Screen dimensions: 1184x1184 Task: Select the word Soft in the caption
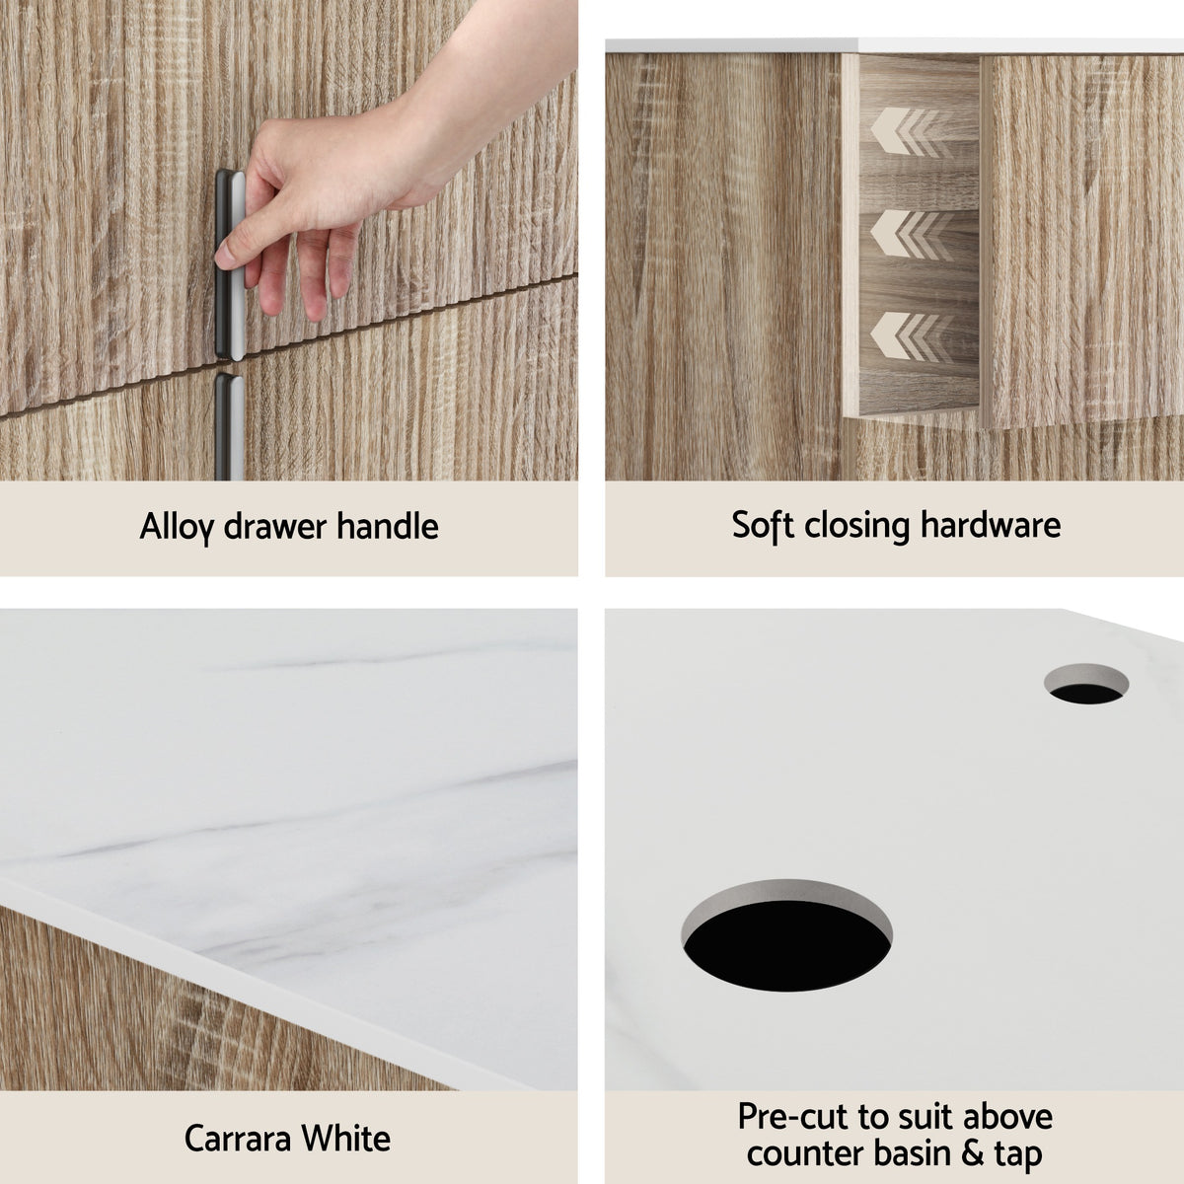pos(763,525)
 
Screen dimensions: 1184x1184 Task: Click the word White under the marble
pos(345,1139)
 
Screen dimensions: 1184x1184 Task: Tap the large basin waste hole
pos(786,931)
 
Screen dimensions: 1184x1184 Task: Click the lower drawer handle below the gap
pos(229,424)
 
